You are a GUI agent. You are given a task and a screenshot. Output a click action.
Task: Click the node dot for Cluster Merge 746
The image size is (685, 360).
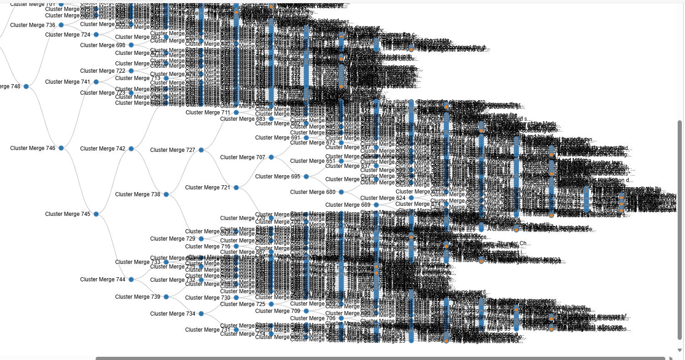coord(61,148)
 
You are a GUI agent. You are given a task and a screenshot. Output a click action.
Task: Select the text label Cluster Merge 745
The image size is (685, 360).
coord(68,214)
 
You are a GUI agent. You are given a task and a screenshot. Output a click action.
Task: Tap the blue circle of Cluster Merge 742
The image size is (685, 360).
coord(131,149)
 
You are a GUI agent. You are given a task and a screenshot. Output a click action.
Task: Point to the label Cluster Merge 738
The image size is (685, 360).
coord(138,194)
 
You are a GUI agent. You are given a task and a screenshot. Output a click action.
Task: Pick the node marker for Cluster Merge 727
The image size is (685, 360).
coord(201,150)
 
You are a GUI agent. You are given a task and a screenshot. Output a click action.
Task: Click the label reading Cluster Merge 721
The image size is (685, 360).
coord(208,188)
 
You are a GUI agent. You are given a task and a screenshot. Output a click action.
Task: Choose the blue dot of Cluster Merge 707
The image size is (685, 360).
coord(271,157)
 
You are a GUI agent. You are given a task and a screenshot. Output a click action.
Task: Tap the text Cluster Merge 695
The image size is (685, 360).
coord(278,177)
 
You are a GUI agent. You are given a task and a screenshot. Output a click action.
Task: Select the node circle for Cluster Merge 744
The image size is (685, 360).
coord(131,279)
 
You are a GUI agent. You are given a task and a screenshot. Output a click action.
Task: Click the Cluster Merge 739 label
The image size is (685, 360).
coord(138,297)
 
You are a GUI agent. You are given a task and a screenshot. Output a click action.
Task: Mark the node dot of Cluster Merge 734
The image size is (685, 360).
coord(201,314)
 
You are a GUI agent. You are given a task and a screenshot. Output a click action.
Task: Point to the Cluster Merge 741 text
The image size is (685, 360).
coord(68,82)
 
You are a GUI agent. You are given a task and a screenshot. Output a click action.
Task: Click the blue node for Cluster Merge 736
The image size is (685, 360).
coord(61,25)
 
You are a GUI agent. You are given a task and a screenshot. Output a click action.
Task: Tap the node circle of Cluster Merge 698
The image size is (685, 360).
coord(131,45)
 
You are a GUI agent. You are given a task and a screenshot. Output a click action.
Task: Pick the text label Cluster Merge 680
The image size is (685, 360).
coord(313,192)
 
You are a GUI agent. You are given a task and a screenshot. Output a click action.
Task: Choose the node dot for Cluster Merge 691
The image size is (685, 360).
coord(306,138)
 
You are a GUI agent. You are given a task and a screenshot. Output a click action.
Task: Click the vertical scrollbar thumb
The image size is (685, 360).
coord(679,229)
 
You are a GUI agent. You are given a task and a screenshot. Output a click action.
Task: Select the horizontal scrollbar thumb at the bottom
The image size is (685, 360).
coord(380,358)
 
